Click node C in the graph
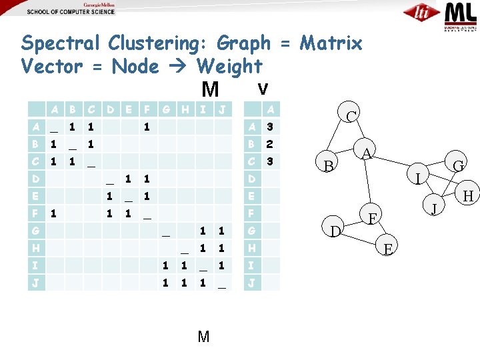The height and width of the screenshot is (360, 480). (x=351, y=116)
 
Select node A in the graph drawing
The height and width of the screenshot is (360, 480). (x=367, y=154)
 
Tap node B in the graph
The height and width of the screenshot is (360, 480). (x=329, y=165)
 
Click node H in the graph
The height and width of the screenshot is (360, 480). (x=467, y=196)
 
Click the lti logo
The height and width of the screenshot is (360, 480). (x=421, y=13)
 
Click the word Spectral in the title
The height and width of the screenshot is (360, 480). (x=60, y=44)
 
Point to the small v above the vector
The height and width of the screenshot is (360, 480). (x=263, y=88)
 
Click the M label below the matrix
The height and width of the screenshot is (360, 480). (x=204, y=337)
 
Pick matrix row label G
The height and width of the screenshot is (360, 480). (x=35, y=231)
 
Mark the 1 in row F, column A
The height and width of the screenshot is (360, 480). (x=53, y=214)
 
